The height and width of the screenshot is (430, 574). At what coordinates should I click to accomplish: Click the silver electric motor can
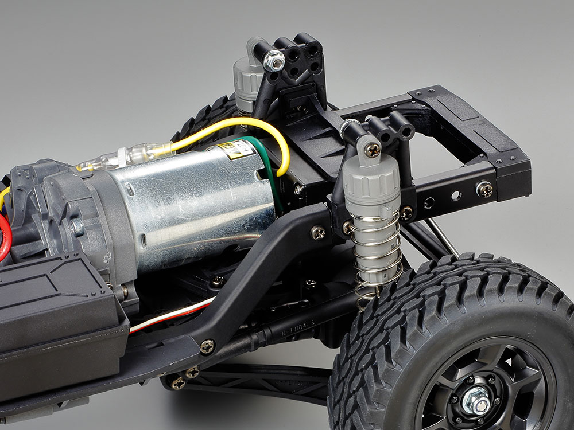(x=189, y=206)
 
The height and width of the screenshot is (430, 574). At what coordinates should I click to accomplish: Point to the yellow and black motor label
(x=235, y=150)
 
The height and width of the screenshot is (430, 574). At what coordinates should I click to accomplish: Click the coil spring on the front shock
(x=376, y=258)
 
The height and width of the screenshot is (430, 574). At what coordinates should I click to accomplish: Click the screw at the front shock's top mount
(x=373, y=150)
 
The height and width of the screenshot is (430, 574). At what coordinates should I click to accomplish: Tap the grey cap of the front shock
(x=373, y=183)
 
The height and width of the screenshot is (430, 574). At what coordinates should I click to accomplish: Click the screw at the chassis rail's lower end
(x=207, y=346)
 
